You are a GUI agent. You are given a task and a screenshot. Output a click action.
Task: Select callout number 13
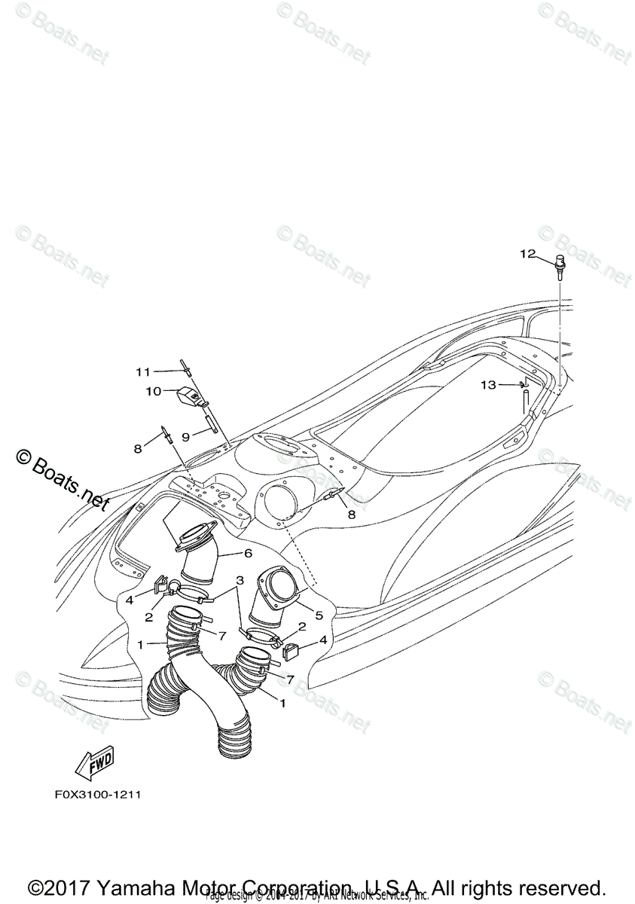(488, 385)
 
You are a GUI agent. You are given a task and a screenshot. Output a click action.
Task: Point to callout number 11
(143, 371)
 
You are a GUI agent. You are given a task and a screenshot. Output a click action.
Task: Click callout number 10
(153, 391)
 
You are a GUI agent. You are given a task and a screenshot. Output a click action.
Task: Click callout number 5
(319, 615)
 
